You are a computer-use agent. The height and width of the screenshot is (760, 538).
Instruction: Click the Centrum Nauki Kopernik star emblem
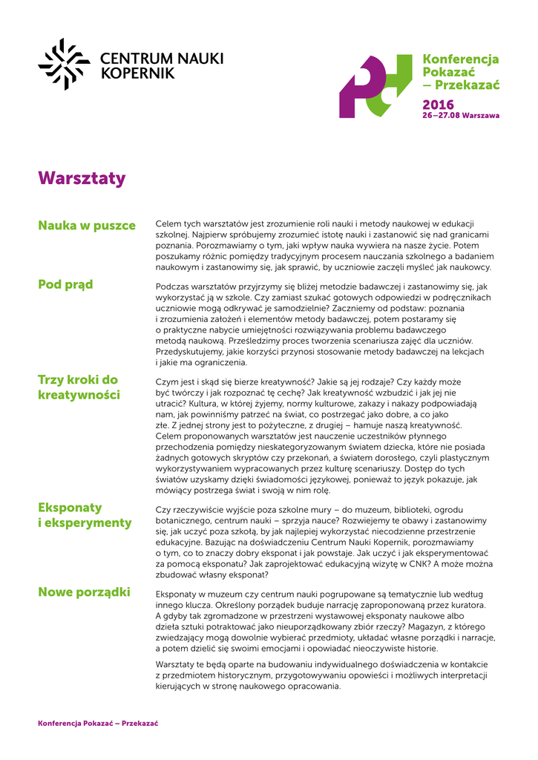click(64, 64)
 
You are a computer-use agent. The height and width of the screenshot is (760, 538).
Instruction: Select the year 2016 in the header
click(438, 105)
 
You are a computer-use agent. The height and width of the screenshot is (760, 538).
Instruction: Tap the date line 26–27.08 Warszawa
click(460, 116)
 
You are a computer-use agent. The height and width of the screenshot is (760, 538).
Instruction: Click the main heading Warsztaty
click(82, 179)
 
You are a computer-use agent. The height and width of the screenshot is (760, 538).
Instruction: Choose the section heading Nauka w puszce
click(87, 226)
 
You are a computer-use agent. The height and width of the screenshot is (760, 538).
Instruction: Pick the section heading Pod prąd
click(65, 284)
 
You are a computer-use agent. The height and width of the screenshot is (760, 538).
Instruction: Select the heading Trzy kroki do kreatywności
click(79, 387)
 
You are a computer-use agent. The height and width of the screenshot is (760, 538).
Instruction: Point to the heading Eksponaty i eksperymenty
click(85, 515)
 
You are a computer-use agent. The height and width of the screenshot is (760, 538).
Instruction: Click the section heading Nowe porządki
click(84, 592)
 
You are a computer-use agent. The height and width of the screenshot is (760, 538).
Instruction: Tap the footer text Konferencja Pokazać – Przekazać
click(98, 723)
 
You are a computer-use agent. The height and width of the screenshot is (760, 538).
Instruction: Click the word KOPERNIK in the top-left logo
click(137, 73)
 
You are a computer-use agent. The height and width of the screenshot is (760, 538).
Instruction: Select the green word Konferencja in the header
click(460, 59)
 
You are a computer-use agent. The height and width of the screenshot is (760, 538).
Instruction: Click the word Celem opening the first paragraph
click(169, 223)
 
